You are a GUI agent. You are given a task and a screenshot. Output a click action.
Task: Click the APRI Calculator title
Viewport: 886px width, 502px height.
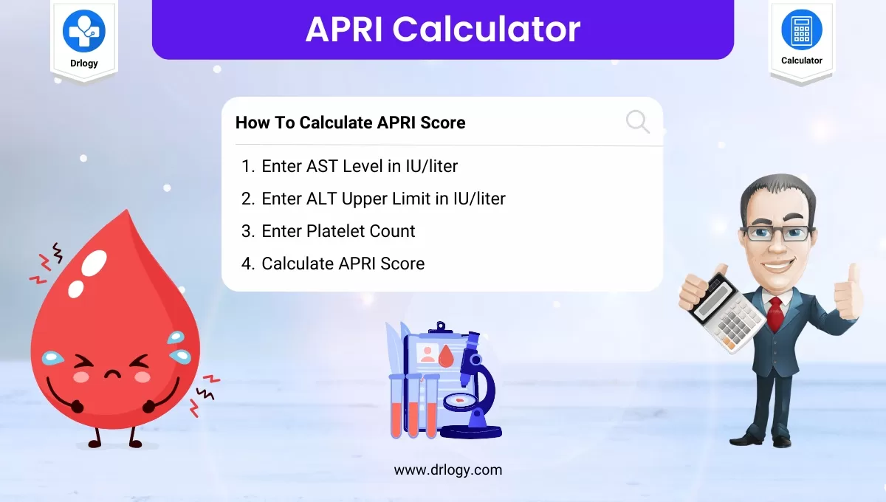443,29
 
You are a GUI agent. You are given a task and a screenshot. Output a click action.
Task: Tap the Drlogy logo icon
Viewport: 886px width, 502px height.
84,30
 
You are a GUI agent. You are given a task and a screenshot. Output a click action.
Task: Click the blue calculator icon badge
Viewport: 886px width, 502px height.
801,30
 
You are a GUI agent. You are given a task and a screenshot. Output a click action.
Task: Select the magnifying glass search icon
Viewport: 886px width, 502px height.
637,122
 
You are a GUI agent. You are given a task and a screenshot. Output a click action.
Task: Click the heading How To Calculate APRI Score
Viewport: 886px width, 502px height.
350,123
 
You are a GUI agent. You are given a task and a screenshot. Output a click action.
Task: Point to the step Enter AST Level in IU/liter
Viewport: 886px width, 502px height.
359,166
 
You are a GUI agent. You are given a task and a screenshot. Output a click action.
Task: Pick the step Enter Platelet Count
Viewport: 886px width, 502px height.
337,231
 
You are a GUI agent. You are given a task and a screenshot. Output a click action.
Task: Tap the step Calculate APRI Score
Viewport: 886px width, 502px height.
343,264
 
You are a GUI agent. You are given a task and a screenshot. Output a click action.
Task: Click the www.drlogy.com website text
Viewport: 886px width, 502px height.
447,470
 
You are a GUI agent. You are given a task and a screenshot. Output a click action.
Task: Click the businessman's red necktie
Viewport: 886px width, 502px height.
775,314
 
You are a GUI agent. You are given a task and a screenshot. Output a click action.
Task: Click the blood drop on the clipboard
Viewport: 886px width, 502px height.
445,357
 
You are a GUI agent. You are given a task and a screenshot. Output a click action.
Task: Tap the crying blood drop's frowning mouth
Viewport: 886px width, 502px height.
112,374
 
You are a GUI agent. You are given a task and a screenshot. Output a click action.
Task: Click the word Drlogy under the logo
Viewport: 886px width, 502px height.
84,62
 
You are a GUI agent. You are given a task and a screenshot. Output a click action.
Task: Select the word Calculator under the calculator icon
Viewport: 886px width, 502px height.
801,61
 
